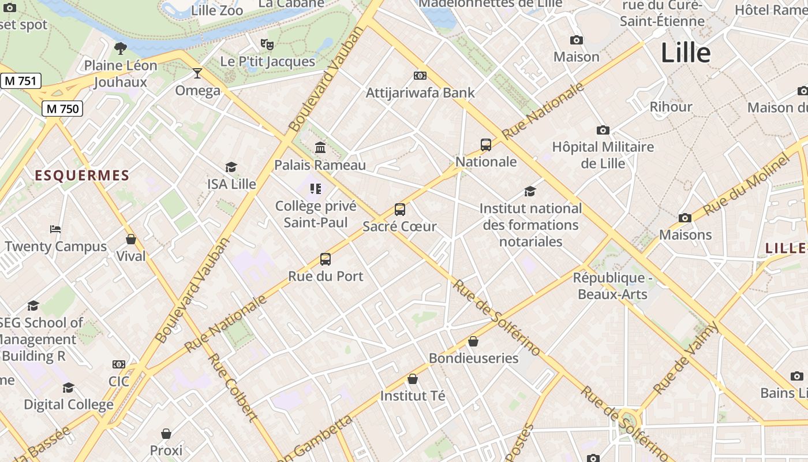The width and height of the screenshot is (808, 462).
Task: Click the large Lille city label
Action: click(686, 53)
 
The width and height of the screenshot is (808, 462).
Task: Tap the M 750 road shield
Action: click(62, 108)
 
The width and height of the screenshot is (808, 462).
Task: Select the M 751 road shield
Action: click(20, 81)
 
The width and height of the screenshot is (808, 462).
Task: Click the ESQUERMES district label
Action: click(82, 176)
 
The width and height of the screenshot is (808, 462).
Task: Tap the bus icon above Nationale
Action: click(486, 145)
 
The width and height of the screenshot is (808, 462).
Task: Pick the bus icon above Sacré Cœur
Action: click(400, 210)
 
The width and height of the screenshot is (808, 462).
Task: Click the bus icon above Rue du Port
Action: click(326, 259)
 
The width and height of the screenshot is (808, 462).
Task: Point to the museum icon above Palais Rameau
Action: click(320, 148)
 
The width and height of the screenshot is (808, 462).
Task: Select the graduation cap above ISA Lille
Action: click(231, 167)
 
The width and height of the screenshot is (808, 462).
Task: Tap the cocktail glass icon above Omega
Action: click(197, 73)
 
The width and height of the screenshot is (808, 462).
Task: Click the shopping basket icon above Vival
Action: click(131, 239)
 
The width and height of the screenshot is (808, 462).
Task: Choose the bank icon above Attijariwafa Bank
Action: click(420, 76)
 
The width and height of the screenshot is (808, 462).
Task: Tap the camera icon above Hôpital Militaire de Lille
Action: click(603, 130)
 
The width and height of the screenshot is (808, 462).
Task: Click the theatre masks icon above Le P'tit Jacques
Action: click(267, 44)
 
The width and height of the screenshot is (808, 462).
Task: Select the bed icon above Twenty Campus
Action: click(55, 229)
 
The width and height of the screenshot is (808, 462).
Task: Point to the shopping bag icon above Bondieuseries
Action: click(473, 341)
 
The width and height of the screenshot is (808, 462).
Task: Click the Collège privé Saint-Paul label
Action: click(316, 214)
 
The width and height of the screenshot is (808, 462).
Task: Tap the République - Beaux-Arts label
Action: click(612, 286)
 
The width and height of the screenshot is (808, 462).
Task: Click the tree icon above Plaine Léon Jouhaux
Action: click(121, 48)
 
